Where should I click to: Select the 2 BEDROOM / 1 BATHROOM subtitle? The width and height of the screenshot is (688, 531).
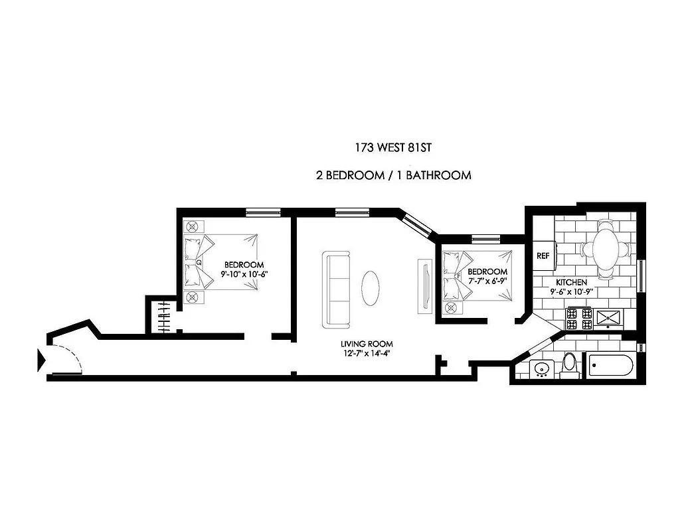pyautogui.click(x=394, y=176)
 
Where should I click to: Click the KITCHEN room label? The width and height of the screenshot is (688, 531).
pyautogui.click(x=571, y=282)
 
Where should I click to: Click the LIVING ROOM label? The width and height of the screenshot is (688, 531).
pyautogui.click(x=367, y=344)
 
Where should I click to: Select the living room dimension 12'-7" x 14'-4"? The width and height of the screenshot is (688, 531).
pyautogui.click(x=367, y=353)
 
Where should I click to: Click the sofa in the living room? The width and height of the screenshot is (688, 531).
pyautogui.click(x=337, y=289)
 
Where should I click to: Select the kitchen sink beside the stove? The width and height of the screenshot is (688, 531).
pyautogui.click(x=608, y=319)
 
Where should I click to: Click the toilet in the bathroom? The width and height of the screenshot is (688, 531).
pyautogui.click(x=569, y=366)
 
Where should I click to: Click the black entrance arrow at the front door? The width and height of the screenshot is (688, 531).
pyautogui.click(x=41, y=360)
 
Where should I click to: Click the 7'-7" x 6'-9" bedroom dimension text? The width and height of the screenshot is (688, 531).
pyautogui.click(x=488, y=281)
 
